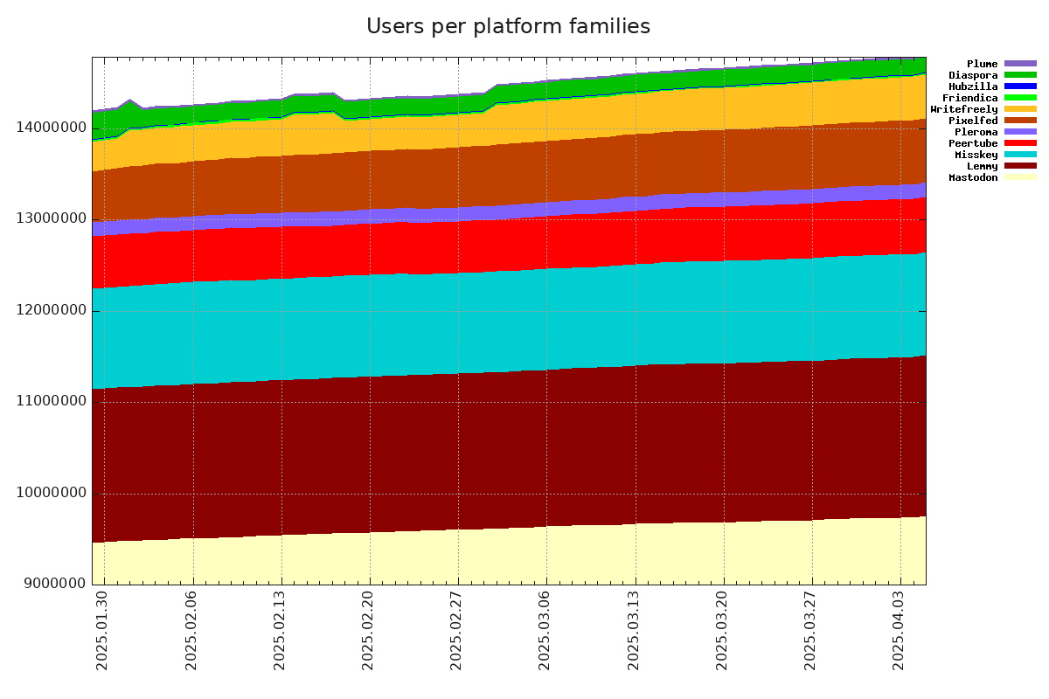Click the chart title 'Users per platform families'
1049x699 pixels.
tap(508, 27)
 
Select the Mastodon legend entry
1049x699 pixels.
tap(974, 178)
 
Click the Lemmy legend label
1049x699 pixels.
tap(982, 166)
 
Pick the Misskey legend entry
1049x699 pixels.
tap(976, 155)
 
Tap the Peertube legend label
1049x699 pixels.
tap(973, 143)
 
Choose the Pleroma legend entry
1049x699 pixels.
tap(976, 132)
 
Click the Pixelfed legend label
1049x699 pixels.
tap(973, 121)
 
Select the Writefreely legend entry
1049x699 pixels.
tap(964, 109)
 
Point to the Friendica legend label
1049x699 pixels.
tap(970, 98)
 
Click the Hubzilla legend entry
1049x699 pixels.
tap(973, 87)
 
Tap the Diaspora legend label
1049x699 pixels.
tap(973, 75)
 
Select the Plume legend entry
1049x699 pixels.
tap(982, 64)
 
